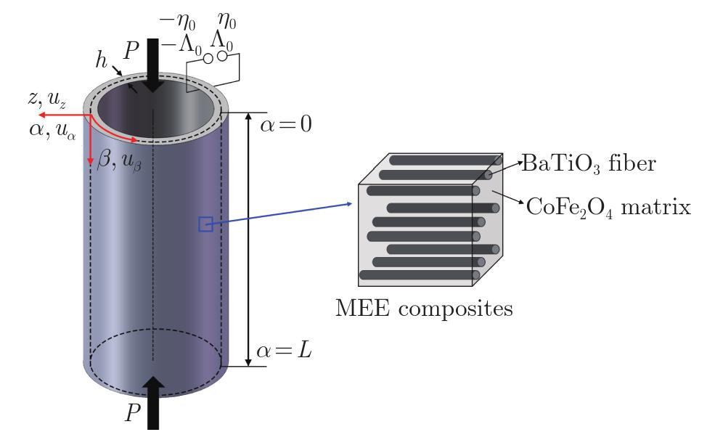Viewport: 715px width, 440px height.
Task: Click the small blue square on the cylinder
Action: click(x=205, y=225)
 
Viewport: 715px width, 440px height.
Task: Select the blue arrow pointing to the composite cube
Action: click(x=283, y=215)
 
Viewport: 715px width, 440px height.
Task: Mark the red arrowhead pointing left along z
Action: click(x=44, y=115)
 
